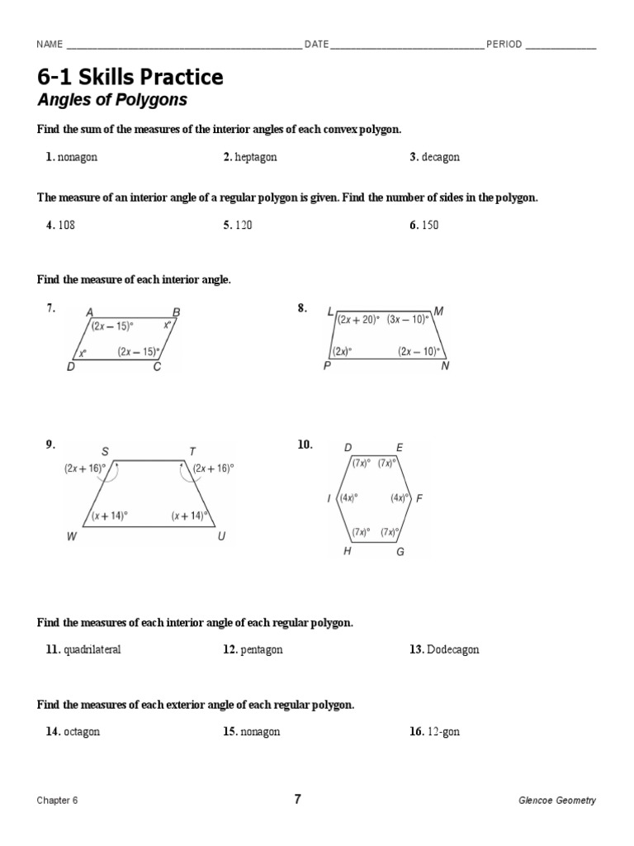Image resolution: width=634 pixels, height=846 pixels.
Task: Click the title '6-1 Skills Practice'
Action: pos(130,78)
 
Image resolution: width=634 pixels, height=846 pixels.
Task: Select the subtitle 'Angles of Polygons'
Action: pos(112,101)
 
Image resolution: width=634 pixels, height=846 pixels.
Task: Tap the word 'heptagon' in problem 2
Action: pos(256,157)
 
